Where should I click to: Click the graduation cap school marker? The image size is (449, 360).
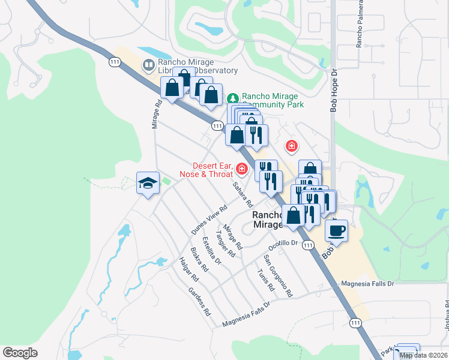pyautogui.click(x=148, y=183)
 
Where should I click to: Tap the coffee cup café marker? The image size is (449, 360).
pyautogui.click(x=337, y=230)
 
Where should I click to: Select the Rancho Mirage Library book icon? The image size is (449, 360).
pyautogui.click(x=148, y=64)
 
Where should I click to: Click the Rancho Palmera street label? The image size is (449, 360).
pyautogui.click(x=360, y=28)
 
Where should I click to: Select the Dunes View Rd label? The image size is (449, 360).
pyautogui.click(x=209, y=220)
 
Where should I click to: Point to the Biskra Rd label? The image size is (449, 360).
pyautogui.click(x=199, y=259)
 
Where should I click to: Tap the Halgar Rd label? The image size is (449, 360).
pyautogui.click(x=188, y=269)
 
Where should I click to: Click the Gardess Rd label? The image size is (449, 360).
pyautogui.click(x=199, y=302)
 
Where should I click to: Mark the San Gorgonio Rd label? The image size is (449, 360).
pyautogui.click(x=278, y=276)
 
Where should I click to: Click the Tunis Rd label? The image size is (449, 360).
pyautogui.click(x=265, y=280)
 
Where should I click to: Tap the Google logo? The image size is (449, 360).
pyautogui.click(x=20, y=353)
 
